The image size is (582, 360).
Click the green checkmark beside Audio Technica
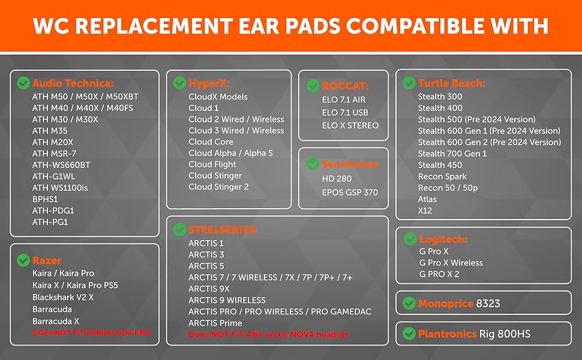(23, 83)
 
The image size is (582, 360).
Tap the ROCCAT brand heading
(345, 86)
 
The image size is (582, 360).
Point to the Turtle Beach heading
(451, 83)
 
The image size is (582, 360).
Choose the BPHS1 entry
(45, 199)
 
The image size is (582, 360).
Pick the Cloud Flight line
(212, 164)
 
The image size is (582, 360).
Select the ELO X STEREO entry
(350, 125)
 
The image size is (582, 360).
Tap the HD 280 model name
(337, 179)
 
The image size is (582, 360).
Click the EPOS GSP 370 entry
(350, 192)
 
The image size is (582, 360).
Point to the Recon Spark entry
(442, 176)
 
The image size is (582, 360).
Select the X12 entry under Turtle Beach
(425, 211)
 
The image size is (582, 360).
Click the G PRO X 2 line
(439, 274)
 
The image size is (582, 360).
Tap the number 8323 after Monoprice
(488, 304)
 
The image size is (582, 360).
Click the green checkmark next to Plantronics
(409, 334)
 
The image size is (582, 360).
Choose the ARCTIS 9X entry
(209, 289)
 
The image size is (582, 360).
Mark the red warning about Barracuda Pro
(91, 333)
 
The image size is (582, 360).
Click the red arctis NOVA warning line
(269, 334)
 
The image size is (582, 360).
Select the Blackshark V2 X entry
(63, 297)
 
